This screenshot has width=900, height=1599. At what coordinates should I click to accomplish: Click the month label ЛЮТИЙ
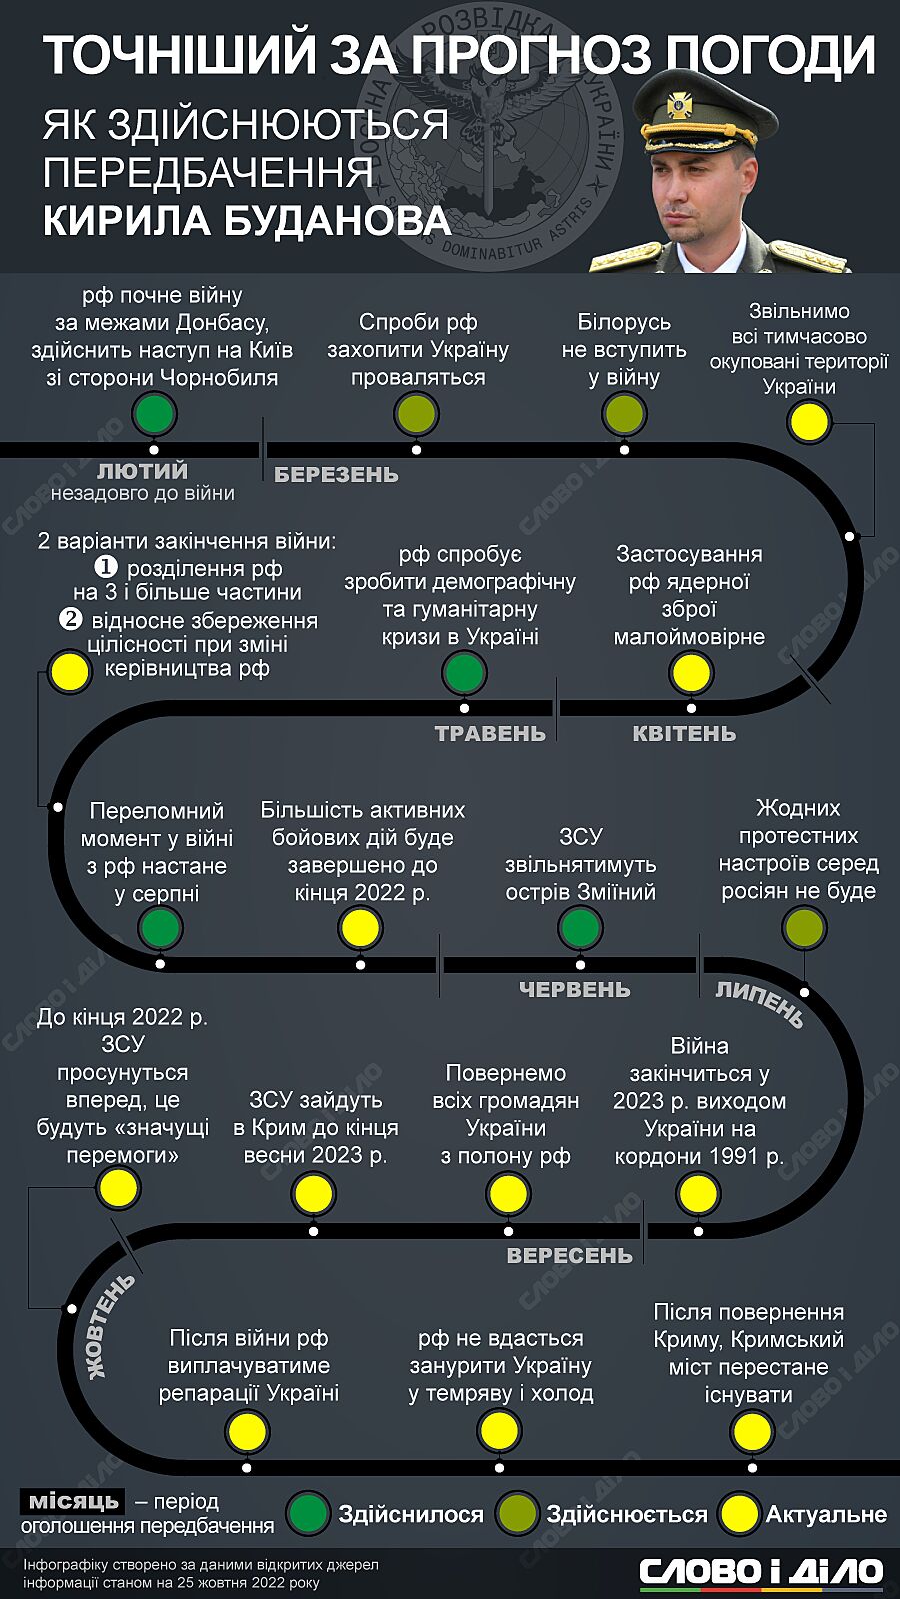click(142, 470)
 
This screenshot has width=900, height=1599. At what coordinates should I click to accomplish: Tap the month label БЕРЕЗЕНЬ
click(336, 475)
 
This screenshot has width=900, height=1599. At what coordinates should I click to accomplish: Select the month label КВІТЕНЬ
click(684, 734)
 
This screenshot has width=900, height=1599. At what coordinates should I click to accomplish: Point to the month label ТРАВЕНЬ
click(490, 734)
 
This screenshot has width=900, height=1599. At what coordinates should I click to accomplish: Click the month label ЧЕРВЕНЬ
click(575, 990)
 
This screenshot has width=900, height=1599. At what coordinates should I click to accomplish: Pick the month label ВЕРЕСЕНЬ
click(570, 1256)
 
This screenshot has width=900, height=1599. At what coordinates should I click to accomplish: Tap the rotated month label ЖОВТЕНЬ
click(109, 1325)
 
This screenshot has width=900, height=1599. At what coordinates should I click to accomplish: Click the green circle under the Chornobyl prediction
click(154, 414)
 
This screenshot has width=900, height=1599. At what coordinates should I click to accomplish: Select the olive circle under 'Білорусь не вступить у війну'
click(624, 413)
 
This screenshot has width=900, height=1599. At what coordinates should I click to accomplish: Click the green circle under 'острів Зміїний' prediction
click(580, 929)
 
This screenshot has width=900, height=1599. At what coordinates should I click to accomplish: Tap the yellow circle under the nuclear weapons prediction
click(692, 673)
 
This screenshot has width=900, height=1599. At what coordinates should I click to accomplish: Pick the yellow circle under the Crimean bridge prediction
click(750, 1432)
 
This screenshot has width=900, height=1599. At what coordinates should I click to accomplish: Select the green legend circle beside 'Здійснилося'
click(308, 1514)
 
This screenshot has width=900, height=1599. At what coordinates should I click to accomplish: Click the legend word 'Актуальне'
click(826, 1515)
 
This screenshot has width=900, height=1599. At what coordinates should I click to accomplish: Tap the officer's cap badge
click(679, 102)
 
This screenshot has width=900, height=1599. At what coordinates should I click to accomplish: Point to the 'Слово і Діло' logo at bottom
click(762, 1570)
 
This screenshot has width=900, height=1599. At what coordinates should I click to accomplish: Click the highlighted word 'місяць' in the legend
click(73, 1501)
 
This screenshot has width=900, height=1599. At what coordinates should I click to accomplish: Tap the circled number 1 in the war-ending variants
click(107, 567)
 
